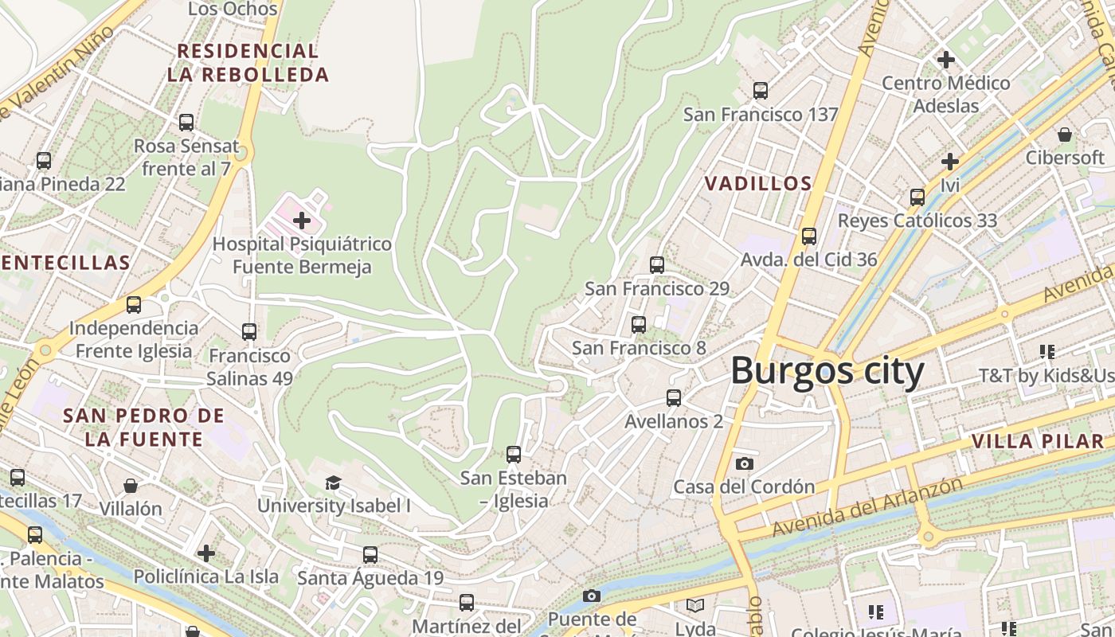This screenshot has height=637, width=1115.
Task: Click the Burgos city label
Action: pos(827,371)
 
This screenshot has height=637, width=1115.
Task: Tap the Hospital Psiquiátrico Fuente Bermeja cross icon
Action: pos(302,220)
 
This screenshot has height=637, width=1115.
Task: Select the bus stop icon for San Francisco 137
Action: pos(761,91)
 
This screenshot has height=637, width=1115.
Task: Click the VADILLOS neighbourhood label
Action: pos(758,184)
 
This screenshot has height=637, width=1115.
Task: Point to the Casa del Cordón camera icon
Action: pos(744,463)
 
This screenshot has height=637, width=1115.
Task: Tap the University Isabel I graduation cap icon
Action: pos(333,483)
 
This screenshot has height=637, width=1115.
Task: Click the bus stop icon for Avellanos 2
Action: pos(674,398)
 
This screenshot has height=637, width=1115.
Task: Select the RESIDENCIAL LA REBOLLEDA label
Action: pos(248,63)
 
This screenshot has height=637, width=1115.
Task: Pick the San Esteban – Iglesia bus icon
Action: pos(514,455)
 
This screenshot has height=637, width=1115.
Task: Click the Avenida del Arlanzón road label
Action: pos(867,506)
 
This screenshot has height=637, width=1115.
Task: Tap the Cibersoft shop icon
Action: pos(1064,134)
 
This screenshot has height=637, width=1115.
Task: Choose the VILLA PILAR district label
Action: pos(1037,441)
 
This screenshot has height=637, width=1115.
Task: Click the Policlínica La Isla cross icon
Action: pos(206,553)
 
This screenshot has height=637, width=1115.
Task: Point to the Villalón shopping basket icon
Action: pos(131,486)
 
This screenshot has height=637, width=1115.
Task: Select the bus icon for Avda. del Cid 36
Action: pos(809,236)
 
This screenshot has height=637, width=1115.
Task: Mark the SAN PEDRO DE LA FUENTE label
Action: pos(143,427)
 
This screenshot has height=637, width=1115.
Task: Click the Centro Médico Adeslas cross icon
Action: pos(946,60)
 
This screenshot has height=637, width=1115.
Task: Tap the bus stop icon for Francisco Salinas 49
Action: pos(249,332)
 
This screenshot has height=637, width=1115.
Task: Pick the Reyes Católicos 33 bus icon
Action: pos(917,197)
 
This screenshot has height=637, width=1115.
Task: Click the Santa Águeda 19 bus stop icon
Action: pos(370,555)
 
